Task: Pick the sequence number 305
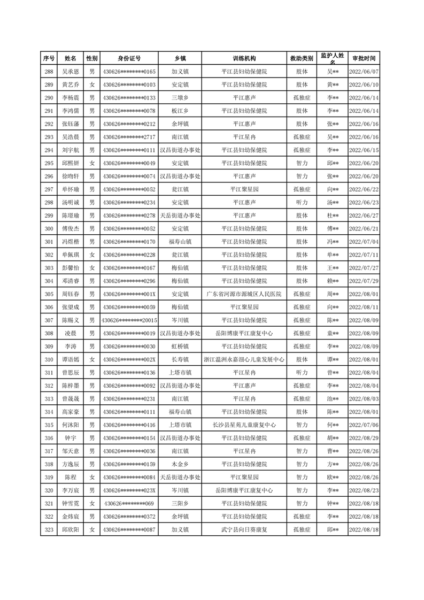49,294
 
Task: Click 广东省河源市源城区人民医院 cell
244,294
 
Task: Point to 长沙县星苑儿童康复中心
244,425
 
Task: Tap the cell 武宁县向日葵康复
244,529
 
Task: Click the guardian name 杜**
333,216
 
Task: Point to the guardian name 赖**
333,281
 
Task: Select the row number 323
49,529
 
